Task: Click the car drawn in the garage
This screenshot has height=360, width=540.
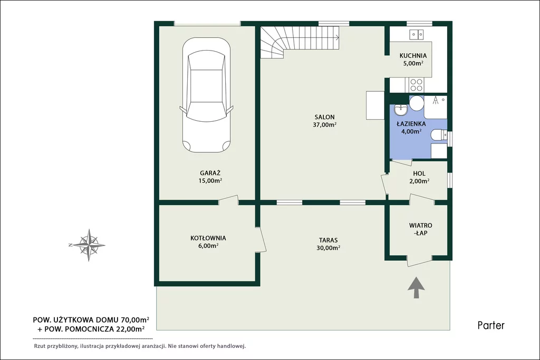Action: [x=206, y=95]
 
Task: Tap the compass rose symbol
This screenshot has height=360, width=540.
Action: [x=89, y=245]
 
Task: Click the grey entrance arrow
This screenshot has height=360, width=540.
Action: [x=416, y=287]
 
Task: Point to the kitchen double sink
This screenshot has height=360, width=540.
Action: [x=417, y=34]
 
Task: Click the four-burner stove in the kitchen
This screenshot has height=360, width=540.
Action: [x=416, y=85]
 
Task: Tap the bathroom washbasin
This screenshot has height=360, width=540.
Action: [x=401, y=110]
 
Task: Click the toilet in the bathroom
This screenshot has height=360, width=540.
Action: [x=439, y=135]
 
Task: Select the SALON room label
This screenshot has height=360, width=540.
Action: [x=324, y=117]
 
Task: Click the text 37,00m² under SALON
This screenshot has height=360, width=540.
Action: [x=324, y=124]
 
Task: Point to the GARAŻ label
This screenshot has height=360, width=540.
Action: [x=210, y=173]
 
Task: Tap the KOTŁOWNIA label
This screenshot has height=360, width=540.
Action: [x=208, y=238]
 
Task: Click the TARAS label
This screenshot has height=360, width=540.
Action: [x=328, y=240]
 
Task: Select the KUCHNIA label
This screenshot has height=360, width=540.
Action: [x=413, y=55]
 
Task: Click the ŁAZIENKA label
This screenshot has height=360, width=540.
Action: [x=411, y=123]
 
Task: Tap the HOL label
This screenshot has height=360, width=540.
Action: [x=419, y=174]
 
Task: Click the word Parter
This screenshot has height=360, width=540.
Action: [x=491, y=325]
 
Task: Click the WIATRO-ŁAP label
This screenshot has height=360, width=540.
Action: [x=420, y=229]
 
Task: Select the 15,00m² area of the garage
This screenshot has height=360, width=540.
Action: [x=210, y=180]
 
